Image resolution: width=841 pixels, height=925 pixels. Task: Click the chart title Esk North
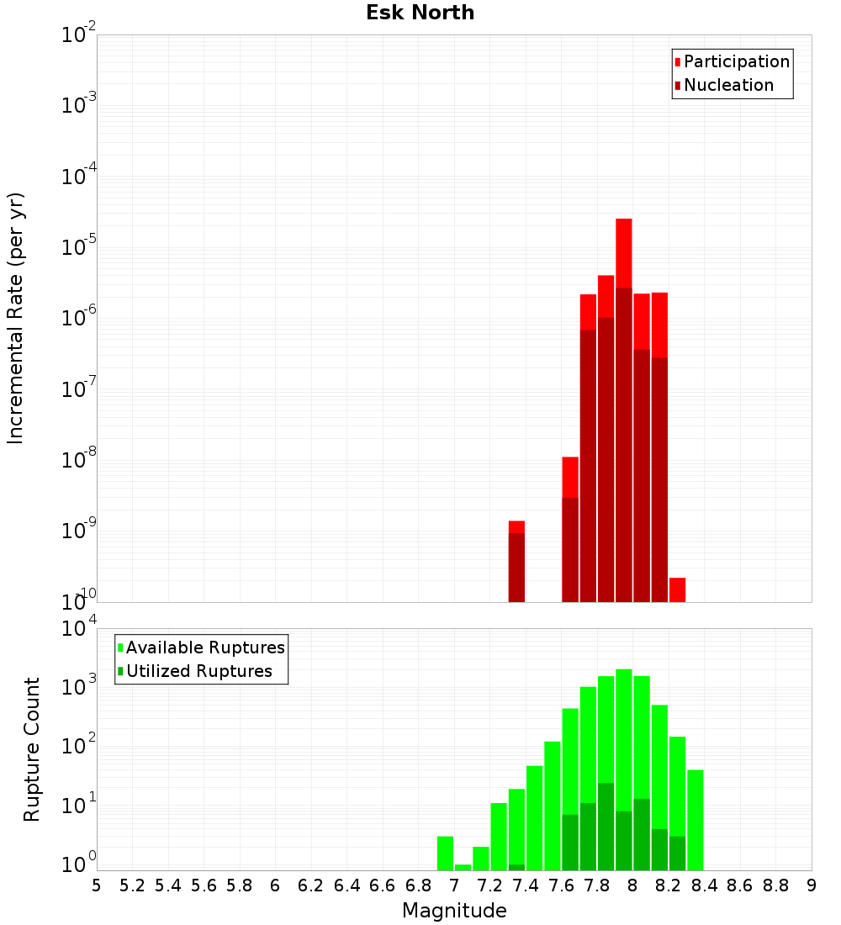click(420, 13)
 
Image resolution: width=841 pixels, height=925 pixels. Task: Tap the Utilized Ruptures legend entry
click(198, 671)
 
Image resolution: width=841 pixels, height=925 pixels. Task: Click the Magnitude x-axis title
click(454, 911)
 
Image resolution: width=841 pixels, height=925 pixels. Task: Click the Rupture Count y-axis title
click(32, 748)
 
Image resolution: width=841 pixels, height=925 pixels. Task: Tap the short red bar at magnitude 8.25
click(677, 589)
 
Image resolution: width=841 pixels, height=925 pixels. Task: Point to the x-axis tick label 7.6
click(561, 885)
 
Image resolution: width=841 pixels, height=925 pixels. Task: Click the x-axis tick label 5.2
click(132, 885)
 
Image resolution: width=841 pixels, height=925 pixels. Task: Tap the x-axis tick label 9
click(811, 885)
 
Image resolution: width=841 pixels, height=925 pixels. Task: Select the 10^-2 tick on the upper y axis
click(79, 35)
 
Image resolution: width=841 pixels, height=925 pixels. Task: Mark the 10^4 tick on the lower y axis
click(79, 629)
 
